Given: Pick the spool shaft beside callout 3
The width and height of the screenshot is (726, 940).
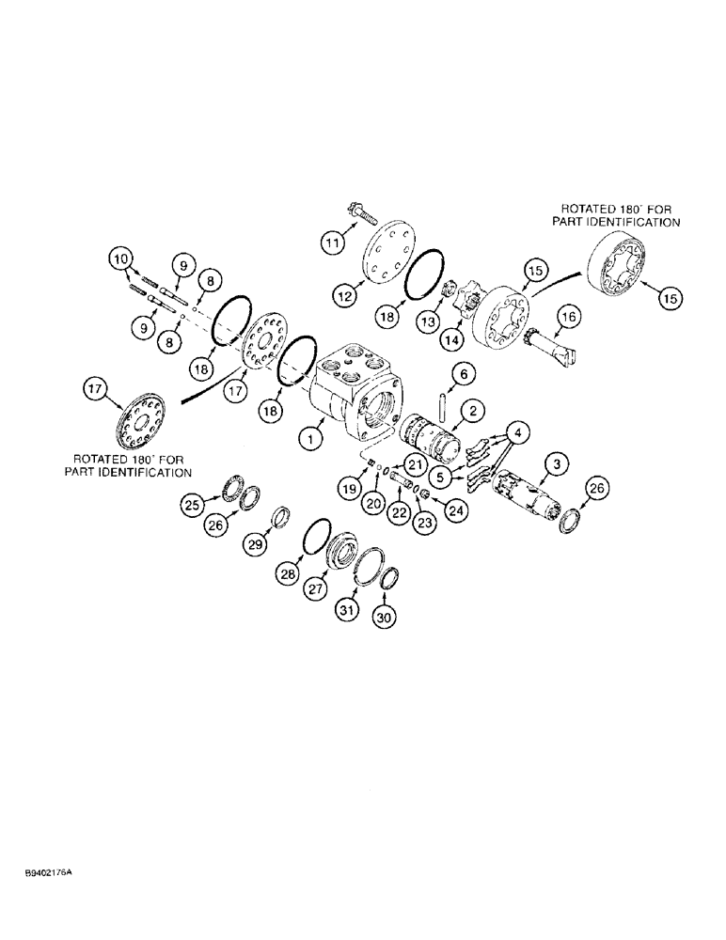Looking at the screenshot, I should pyautogui.click(x=522, y=489).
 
